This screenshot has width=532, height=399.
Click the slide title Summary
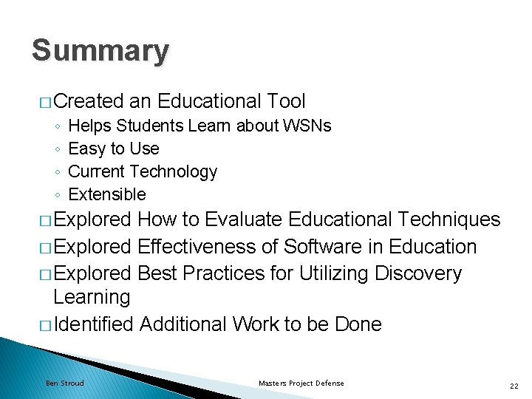(x=100, y=51)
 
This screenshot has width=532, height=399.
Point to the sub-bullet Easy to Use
(x=113, y=149)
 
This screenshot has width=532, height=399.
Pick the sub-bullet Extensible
(x=106, y=194)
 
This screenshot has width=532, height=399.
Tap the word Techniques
(x=448, y=219)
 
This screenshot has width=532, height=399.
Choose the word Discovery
(x=418, y=273)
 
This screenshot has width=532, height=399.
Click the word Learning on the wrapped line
(x=92, y=297)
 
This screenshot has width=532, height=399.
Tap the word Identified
(x=93, y=324)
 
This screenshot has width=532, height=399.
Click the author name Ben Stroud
(x=65, y=383)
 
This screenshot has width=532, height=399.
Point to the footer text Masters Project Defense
(x=301, y=383)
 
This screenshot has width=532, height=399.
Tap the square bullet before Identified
(x=45, y=324)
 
